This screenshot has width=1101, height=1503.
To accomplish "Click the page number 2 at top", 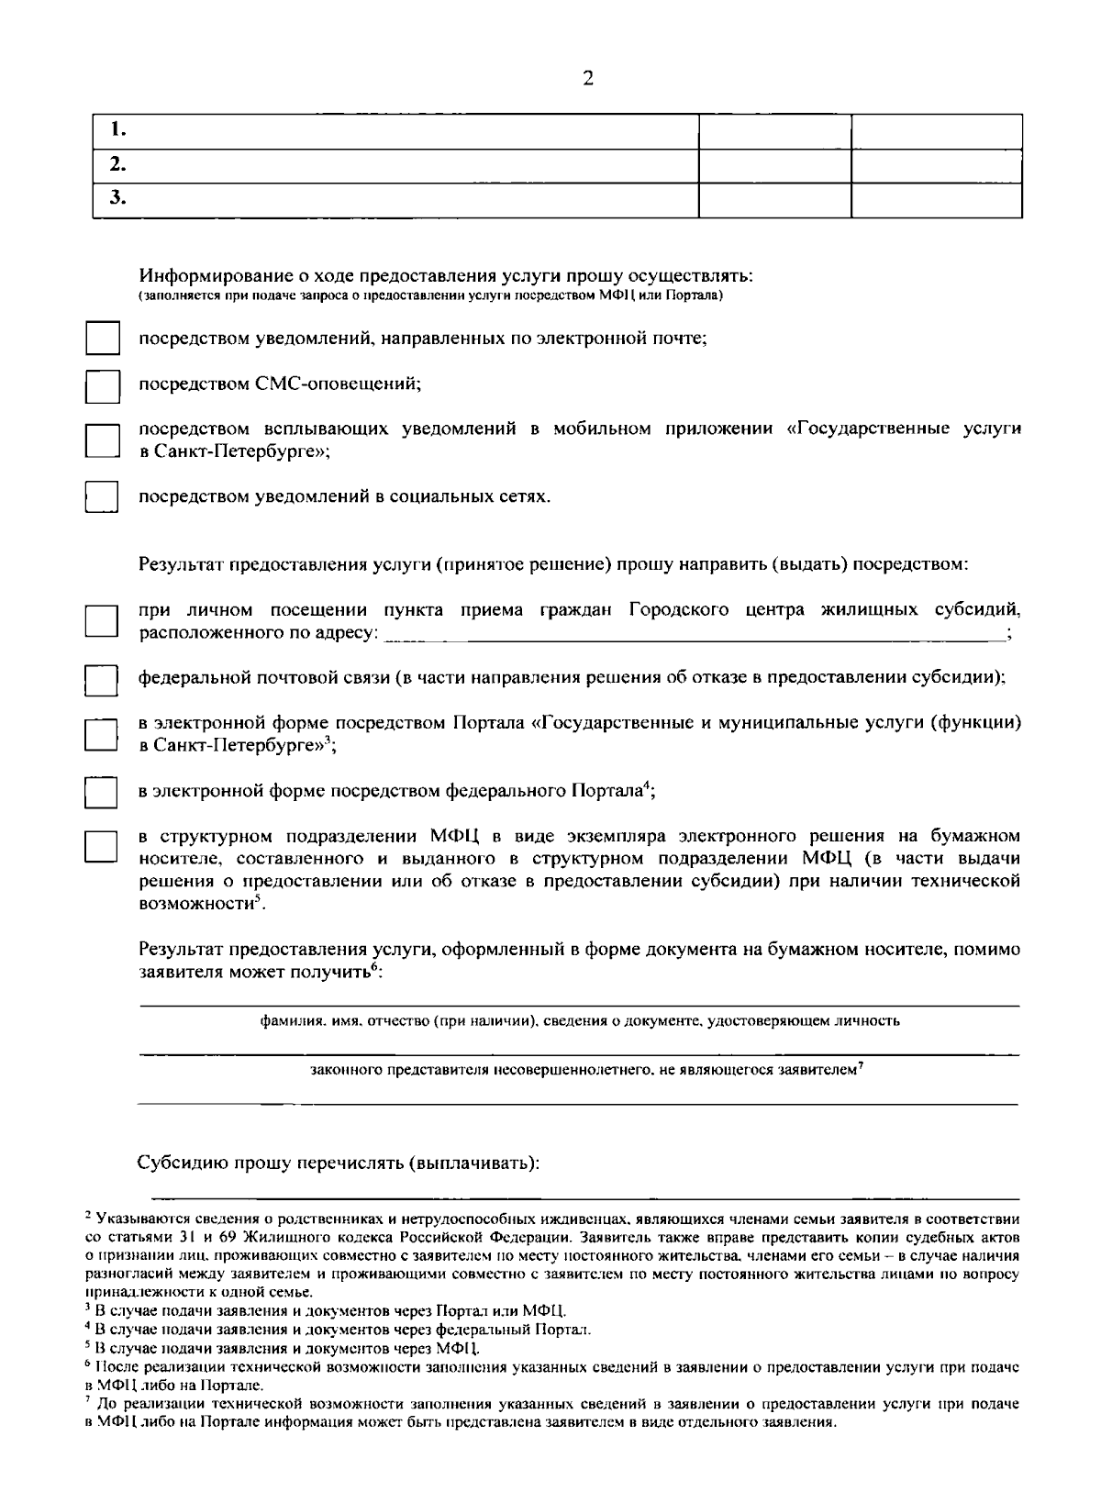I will (587, 79).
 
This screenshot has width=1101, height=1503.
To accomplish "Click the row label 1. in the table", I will (117, 130).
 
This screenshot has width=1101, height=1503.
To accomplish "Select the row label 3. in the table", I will (117, 198).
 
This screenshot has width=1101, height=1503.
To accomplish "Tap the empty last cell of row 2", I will (936, 166).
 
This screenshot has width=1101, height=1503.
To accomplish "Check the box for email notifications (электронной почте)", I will (103, 339).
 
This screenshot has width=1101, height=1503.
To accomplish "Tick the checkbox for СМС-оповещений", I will (103, 385).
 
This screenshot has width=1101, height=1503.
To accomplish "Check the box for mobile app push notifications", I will (103, 440).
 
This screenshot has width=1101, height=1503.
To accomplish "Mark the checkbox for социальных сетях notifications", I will (103, 497).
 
